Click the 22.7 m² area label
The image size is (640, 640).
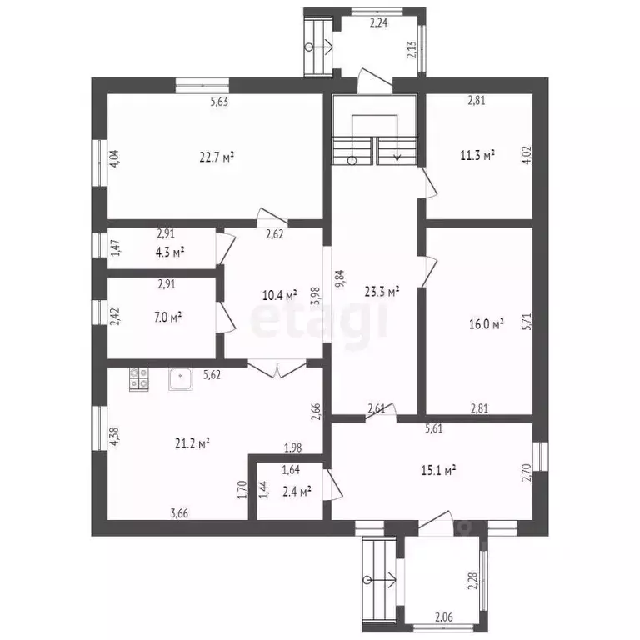tap(217, 157)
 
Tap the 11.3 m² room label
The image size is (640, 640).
tap(477, 156)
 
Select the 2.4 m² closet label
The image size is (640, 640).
tap(297, 492)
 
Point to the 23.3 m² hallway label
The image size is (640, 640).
tap(382, 291)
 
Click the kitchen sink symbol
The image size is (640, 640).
tap(180, 379)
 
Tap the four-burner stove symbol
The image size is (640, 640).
tap(139, 379)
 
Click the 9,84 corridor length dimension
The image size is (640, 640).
tap(340, 279)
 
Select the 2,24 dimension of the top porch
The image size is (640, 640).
tap(379, 22)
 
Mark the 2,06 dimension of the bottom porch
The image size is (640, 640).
tap(443, 617)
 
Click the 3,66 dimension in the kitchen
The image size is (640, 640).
tap(179, 513)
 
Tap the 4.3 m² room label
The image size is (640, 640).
tap(170, 252)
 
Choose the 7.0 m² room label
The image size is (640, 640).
tap(167, 317)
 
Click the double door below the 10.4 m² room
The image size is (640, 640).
tap(277, 368)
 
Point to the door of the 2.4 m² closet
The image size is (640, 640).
tap(333, 484)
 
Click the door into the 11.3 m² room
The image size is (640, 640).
tap(427, 182)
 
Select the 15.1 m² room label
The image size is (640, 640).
tap(438, 471)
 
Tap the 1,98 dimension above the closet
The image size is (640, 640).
tap(293, 447)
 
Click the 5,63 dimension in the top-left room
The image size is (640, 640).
tap(219, 102)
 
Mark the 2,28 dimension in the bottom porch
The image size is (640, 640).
tap(472, 581)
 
